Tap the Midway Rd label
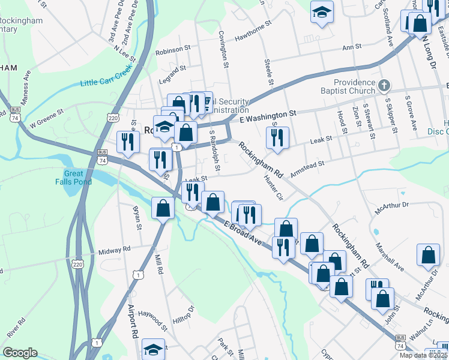point(113,249)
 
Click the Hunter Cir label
point(271,187)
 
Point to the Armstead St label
point(307,167)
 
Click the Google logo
point(20,353)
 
